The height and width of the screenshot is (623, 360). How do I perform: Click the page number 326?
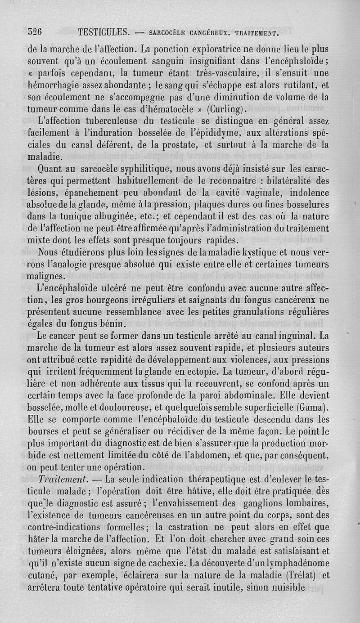35,32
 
